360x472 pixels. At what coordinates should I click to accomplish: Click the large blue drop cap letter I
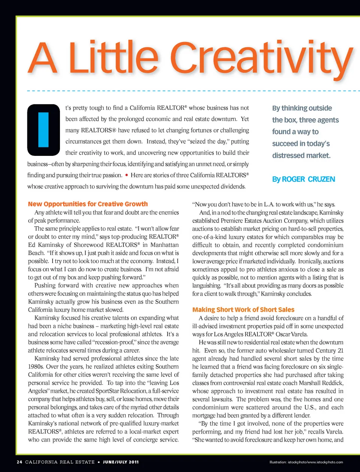[43, 130]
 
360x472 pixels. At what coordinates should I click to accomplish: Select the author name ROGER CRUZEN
[308, 179]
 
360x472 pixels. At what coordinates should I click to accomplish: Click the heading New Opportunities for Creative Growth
[88, 204]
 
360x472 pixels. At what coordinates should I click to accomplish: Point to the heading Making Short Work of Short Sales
[243, 310]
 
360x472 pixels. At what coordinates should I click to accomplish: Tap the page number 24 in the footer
[19, 462]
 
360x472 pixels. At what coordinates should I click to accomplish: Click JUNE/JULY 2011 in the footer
[121, 462]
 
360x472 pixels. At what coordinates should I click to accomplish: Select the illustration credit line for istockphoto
[306, 462]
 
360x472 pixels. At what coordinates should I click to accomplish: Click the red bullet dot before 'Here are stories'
[127, 175]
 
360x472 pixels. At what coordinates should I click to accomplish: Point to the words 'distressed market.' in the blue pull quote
[301, 155]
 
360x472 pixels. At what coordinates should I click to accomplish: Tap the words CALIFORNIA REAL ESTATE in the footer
[60, 462]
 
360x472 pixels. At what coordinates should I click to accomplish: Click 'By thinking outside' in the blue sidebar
[302, 108]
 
